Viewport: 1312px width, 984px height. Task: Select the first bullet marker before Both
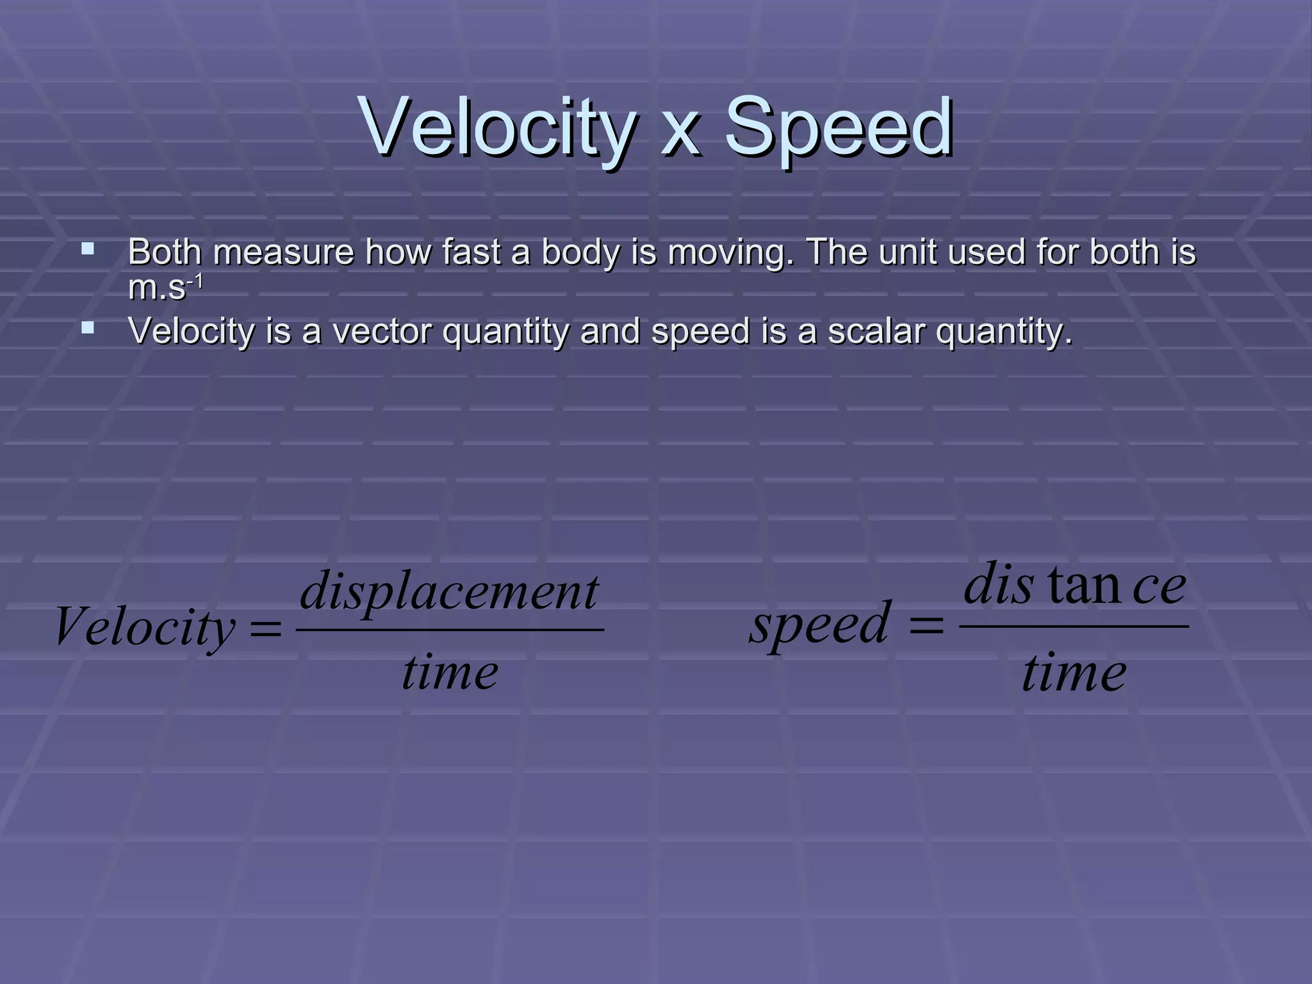click(88, 249)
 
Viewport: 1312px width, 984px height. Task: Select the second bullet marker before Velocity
click(88, 329)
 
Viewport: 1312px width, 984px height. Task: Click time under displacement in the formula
click(450, 674)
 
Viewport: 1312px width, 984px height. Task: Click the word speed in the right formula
click(819, 625)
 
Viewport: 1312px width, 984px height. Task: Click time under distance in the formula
click(1074, 674)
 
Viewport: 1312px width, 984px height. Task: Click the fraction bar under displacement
click(450, 630)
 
